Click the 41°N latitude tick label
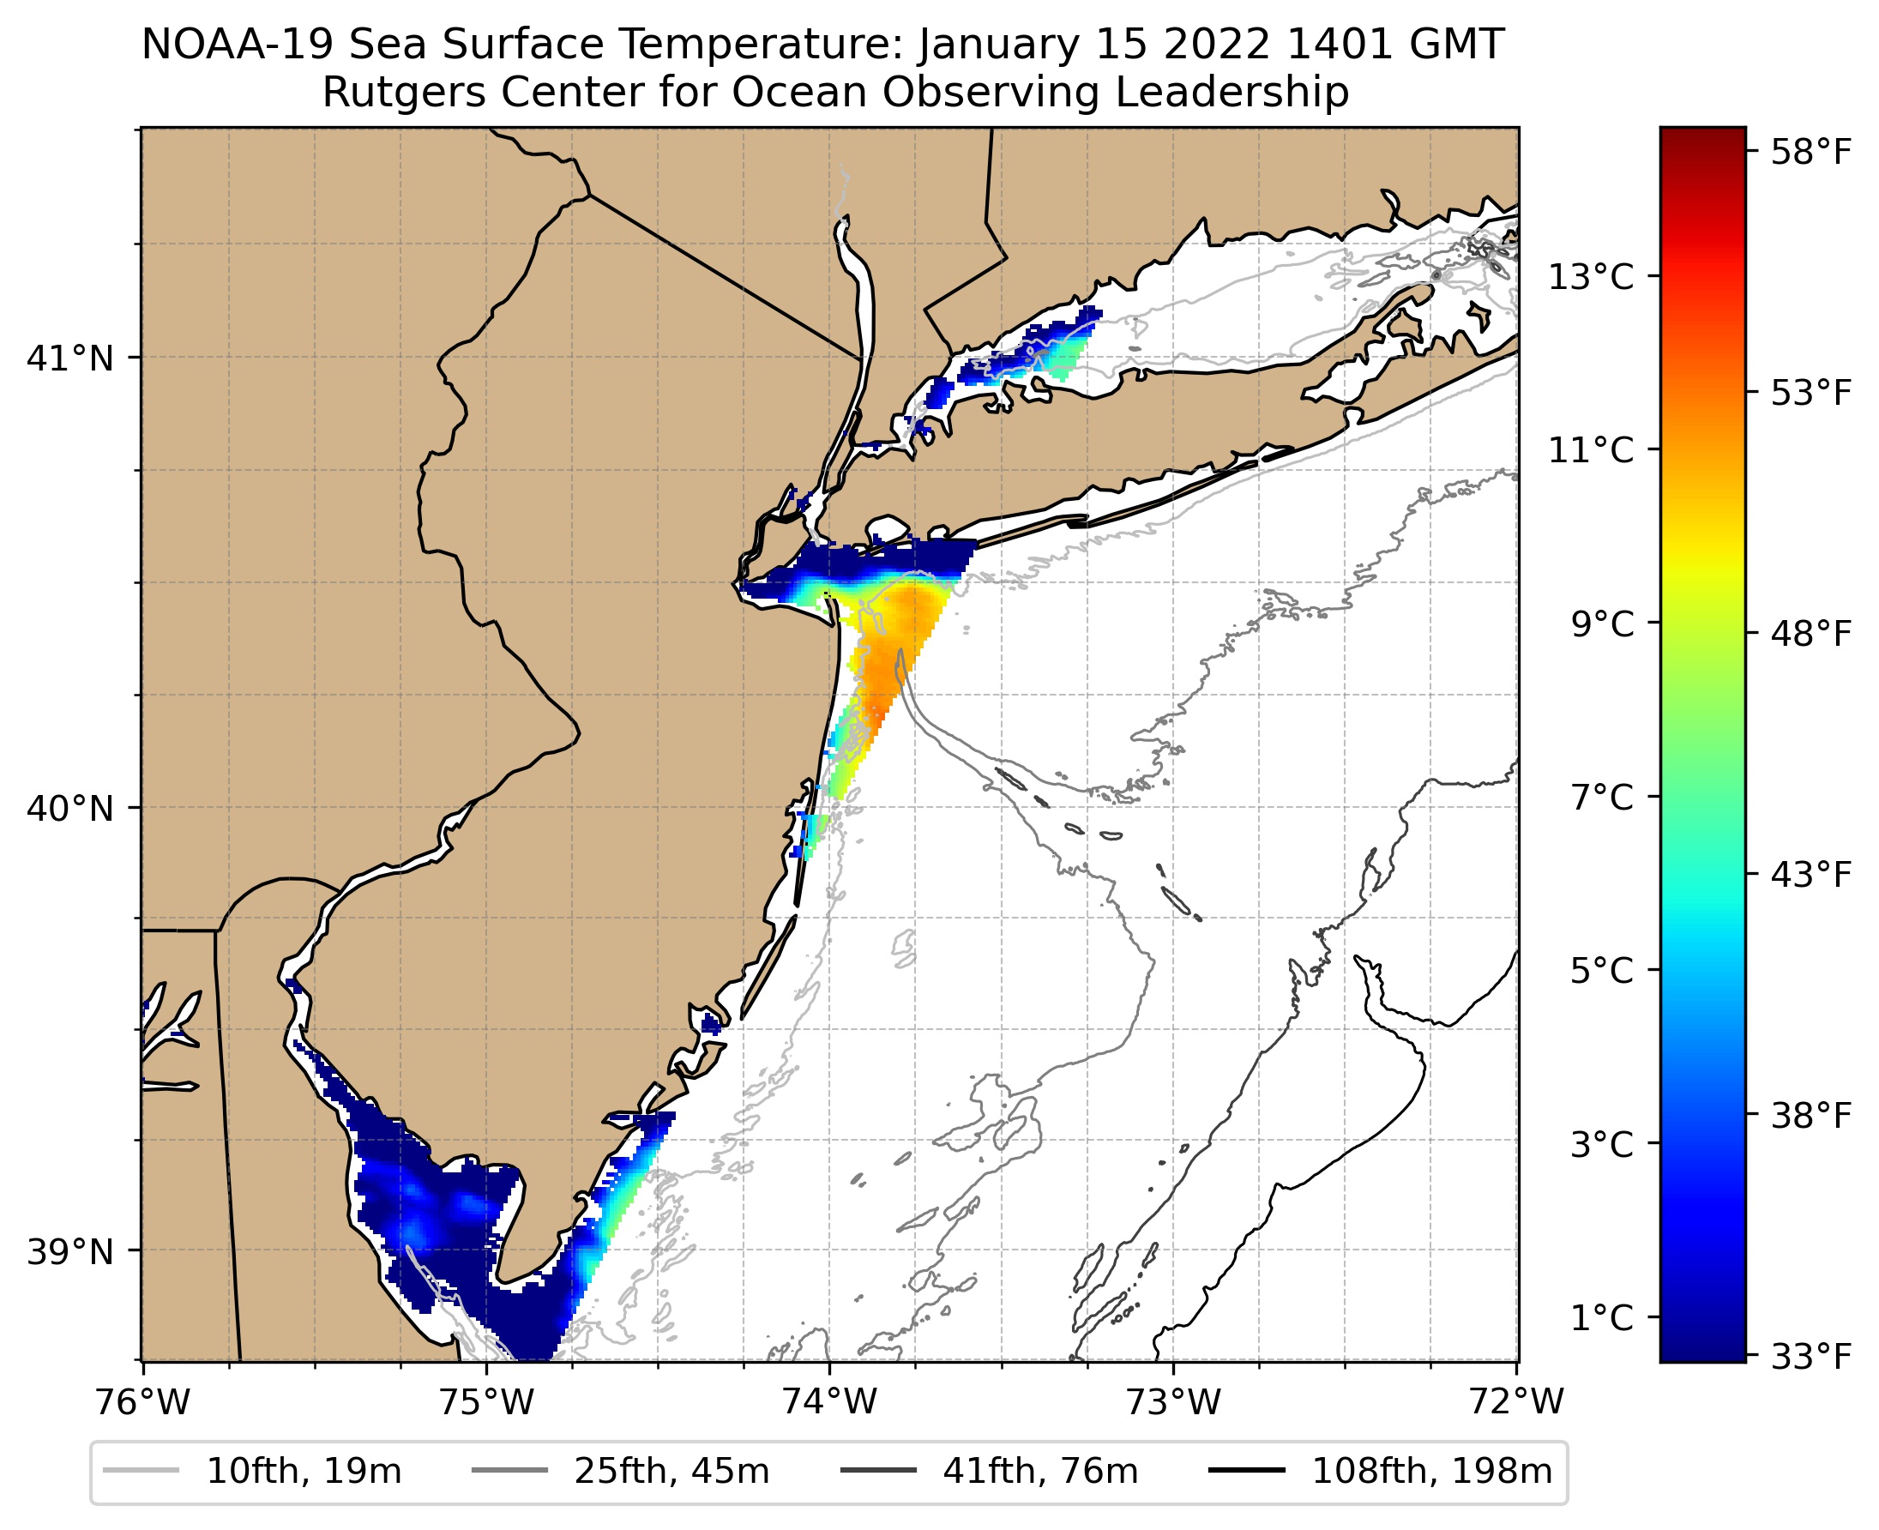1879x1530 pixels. pyautogui.click(x=70, y=358)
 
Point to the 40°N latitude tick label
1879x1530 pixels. pyautogui.click(x=70, y=808)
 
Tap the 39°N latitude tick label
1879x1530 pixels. pyautogui.click(x=70, y=1251)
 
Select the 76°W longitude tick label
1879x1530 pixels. pyautogui.click(x=142, y=1402)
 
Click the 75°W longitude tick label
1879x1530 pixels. pyautogui.click(x=486, y=1402)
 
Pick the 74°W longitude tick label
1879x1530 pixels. pyautogui.click(x=830, y=1402)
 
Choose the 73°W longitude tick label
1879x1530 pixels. pyautogui.click(x=1174, y=1402)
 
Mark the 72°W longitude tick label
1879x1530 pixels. pyautogui.click(x=1517, y=1402)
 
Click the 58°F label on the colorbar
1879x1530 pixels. pyautogui.click(x=1811, y=152)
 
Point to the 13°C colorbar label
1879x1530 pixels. pyautogui.click(x=1591, y=277)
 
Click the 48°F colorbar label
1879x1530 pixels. pyautogui.click(x=1811, y=634)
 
